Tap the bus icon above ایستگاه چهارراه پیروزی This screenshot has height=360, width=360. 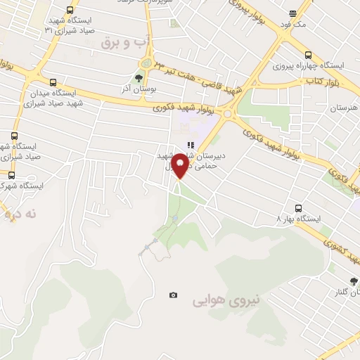click(x=308, y=55)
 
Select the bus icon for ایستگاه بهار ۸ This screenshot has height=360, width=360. click(x=299, y=208)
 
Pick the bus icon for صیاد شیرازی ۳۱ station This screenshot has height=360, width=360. click(x=69, y=10)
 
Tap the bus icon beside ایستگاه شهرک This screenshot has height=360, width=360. click(x=11, y=174)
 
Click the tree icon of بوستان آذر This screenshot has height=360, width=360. click(x=139, y=79)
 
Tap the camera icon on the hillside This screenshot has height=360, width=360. click(x=173, y=295)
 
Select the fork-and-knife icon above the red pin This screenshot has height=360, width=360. click(x=190, y=145)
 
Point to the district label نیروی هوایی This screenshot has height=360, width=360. click(x=227, y=300)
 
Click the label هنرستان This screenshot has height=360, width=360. click(x=343, y=108)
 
